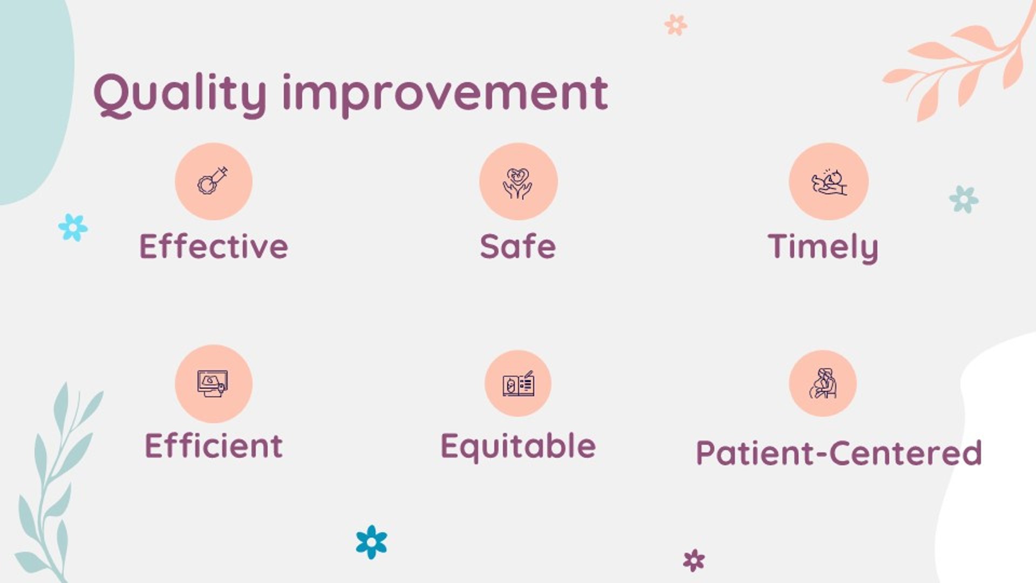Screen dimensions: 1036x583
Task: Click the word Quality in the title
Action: (x=180, y=95)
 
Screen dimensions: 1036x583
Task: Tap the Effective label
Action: (x=214, y=246)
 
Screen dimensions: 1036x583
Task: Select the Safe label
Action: (x=518, y=246)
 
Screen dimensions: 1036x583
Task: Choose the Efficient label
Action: (x=214, y=445)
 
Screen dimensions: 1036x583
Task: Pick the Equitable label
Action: (x=518, y=448)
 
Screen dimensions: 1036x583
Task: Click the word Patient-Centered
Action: (x=839, y=452)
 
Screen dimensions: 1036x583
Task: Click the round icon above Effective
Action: (x=214, y=181)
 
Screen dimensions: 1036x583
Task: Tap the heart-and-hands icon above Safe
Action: (x=518, y=181)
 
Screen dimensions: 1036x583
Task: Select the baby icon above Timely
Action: (x=828, y=181)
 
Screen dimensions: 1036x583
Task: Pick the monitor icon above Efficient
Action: (x=214, y=384)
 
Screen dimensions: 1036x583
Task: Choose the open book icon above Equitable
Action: (x=518, y=384)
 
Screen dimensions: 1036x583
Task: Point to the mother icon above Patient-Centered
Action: (x=823, y=384)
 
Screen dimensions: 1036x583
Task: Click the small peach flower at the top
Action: (x=676, y=25)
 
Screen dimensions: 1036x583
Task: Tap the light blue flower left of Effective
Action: (x=73, y=227)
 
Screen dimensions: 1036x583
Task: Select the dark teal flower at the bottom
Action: (x=371, y=542)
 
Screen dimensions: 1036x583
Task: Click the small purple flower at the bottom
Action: (x=694, y=560)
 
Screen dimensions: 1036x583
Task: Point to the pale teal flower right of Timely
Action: (x=964, y=199)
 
